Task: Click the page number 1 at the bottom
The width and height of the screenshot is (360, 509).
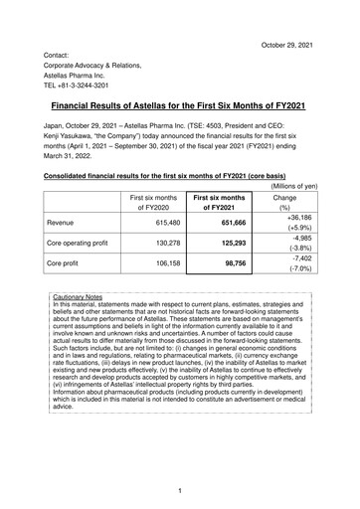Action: [180, 490]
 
